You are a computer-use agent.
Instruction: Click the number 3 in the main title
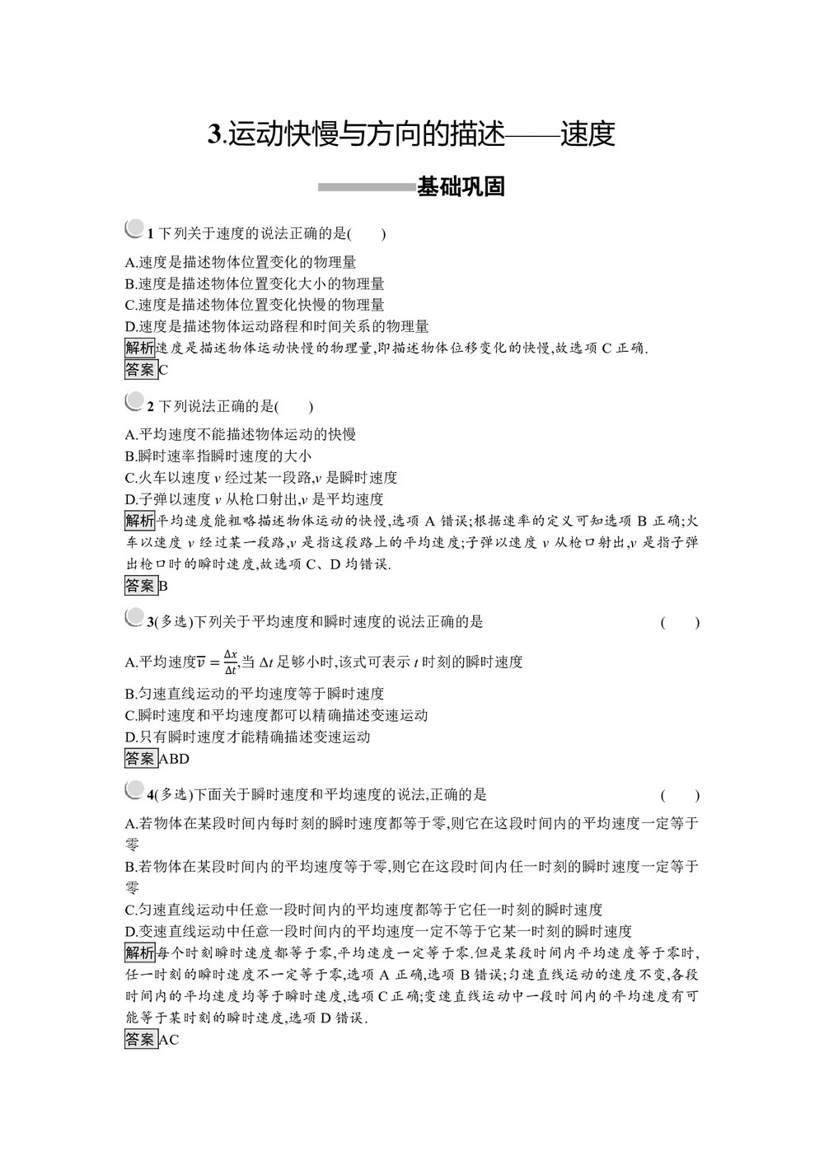click(x=215, y=135)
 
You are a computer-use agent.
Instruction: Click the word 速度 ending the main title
click(x=588, y=134)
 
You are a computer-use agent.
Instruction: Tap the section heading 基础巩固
click(x=461, y=187)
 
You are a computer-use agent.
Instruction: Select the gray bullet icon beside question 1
click(x=133, y=228)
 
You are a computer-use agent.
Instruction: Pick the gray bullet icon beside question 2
click(x=133, y=401)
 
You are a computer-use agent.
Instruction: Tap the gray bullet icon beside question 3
click(x=133, y=617)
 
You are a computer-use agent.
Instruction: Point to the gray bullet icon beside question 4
click(x=133, y=790)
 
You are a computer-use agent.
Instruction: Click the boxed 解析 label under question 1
click(x=139, y=348)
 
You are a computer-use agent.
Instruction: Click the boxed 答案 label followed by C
click(x=139, y=369)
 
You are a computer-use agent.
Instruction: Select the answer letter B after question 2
click(x=163, y=587)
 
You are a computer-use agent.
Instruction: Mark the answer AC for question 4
click(x=168, y=1040)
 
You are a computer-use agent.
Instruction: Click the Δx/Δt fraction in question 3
click(x=231, y=662)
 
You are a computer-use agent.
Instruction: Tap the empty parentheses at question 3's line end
click(x=680, y=623)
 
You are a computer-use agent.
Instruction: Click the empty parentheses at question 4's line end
click(x=680, y=796)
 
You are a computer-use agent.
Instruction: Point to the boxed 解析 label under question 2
click(x=139, y=521)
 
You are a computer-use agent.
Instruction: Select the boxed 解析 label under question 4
click(x=139, y=953)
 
